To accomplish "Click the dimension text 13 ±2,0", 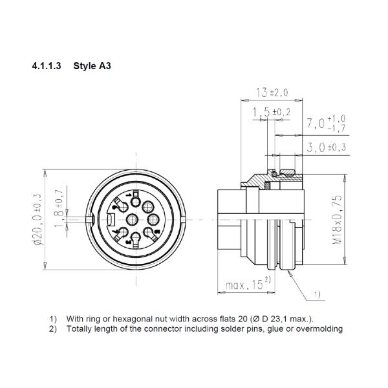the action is (x=272, y=92).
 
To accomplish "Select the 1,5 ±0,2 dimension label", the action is (x=272, y=113).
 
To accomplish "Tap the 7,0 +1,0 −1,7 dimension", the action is (x=326, y=124).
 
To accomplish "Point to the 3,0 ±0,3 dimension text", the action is (x=327, y=147).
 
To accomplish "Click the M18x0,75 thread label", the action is (x=337, y=219).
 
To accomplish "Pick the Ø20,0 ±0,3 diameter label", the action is (x=38, y=219).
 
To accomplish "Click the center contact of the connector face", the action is (x=132, y=219).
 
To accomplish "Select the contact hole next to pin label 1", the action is (x=136, y=202).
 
